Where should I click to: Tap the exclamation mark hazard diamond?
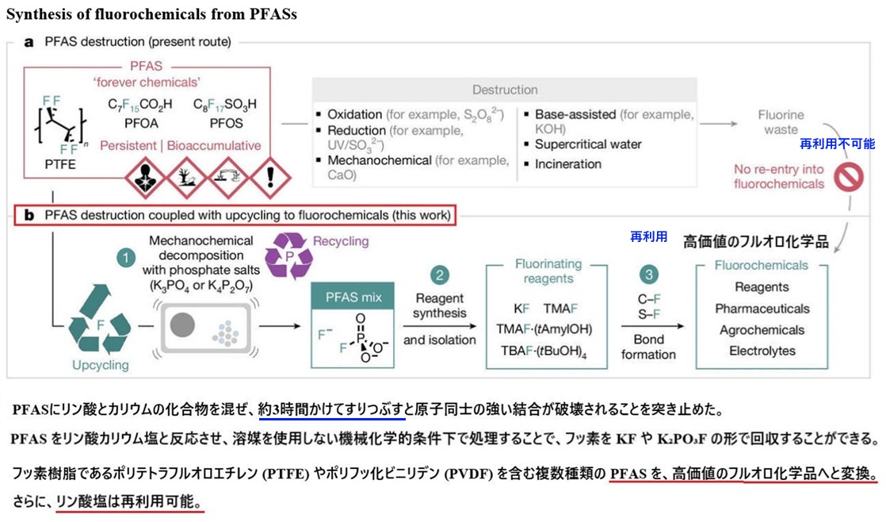tap(270, 178)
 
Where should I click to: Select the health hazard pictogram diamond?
tap(146, 178)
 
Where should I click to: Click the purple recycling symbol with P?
tap(288, 256)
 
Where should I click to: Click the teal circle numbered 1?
tap(125, 259)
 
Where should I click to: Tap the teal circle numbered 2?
tap(439, 275)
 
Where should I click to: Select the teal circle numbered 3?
tap(649, 274)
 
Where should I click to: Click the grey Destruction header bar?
tap(505, 90)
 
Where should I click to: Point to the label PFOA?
tap(141, 123)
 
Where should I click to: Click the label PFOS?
tap(226, 123)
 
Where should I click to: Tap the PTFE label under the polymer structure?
tap(60, 164)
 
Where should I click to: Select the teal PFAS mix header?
tap(353, 297)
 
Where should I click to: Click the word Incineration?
tap(568, 164)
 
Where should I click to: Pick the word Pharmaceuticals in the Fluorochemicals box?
tap(762, 309)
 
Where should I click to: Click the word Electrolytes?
tap(762, 351)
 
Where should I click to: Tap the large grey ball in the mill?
tap(182, 325)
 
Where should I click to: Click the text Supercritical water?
tap(588, 144)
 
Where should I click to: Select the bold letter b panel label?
tap(29, 216)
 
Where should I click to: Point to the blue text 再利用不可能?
tap(838, 144)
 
